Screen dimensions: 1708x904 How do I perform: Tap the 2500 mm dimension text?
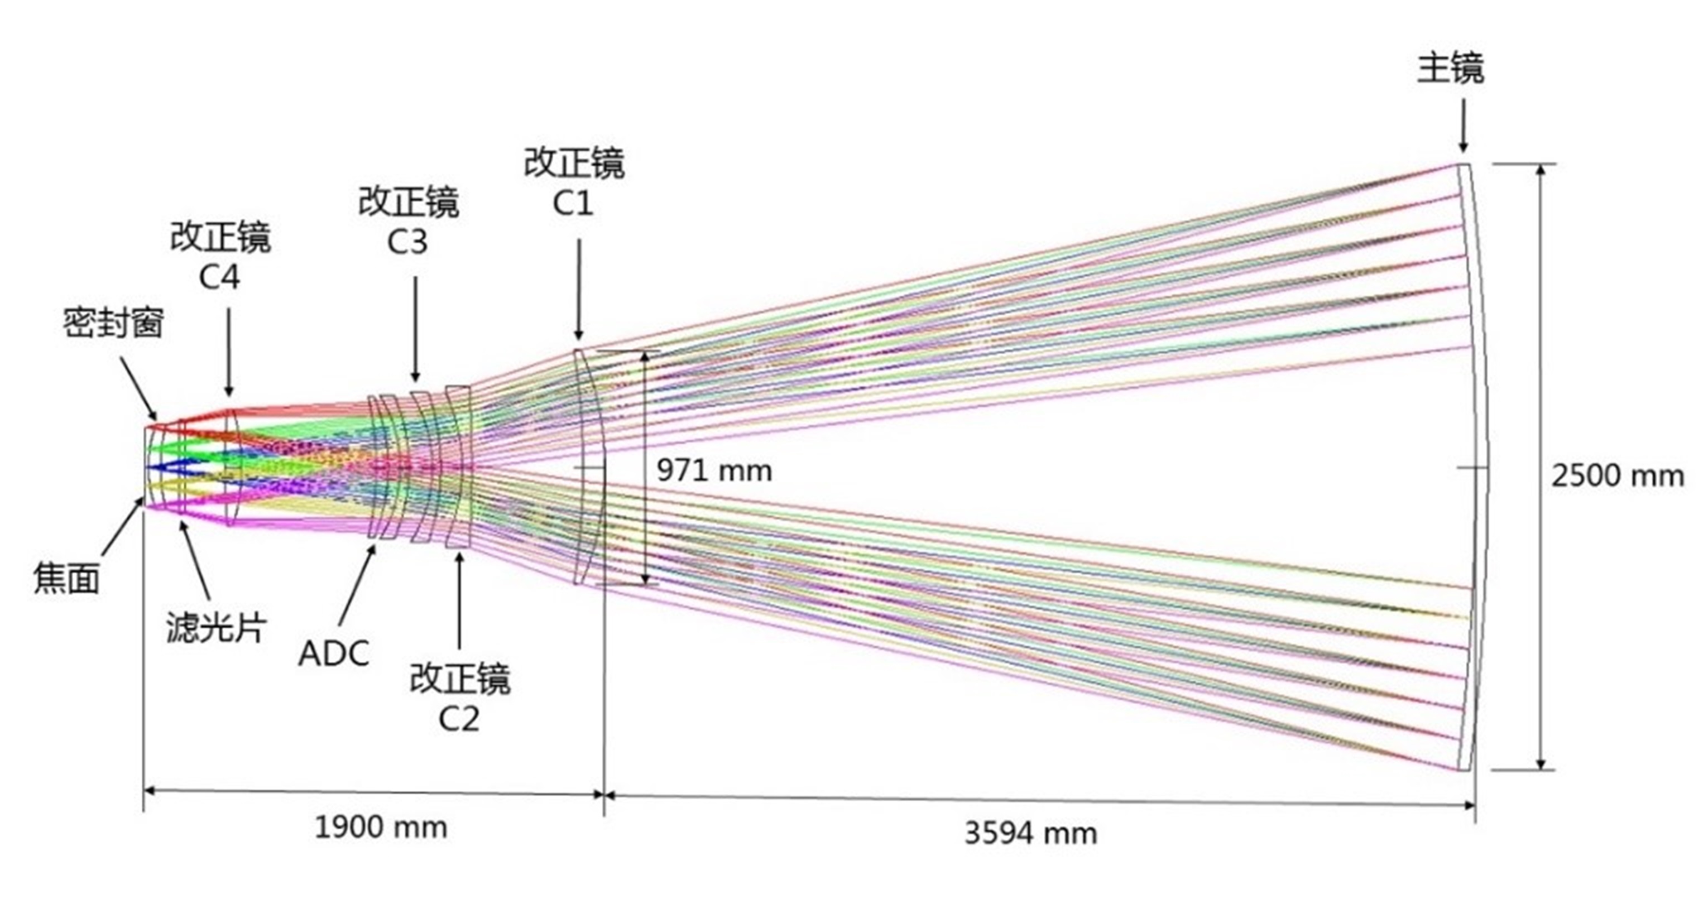pyautogui.click(x=1617, y=476)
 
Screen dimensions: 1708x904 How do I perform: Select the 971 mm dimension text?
pyautogui.click(x=714, y=471)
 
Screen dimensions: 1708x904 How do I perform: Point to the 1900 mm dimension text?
pyautogui.click(x=381, y=828)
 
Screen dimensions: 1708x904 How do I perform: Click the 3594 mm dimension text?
pyautogui.click(x=1030, y=833)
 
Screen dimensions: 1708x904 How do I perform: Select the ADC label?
pyautogui.click(x=334, y=654)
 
